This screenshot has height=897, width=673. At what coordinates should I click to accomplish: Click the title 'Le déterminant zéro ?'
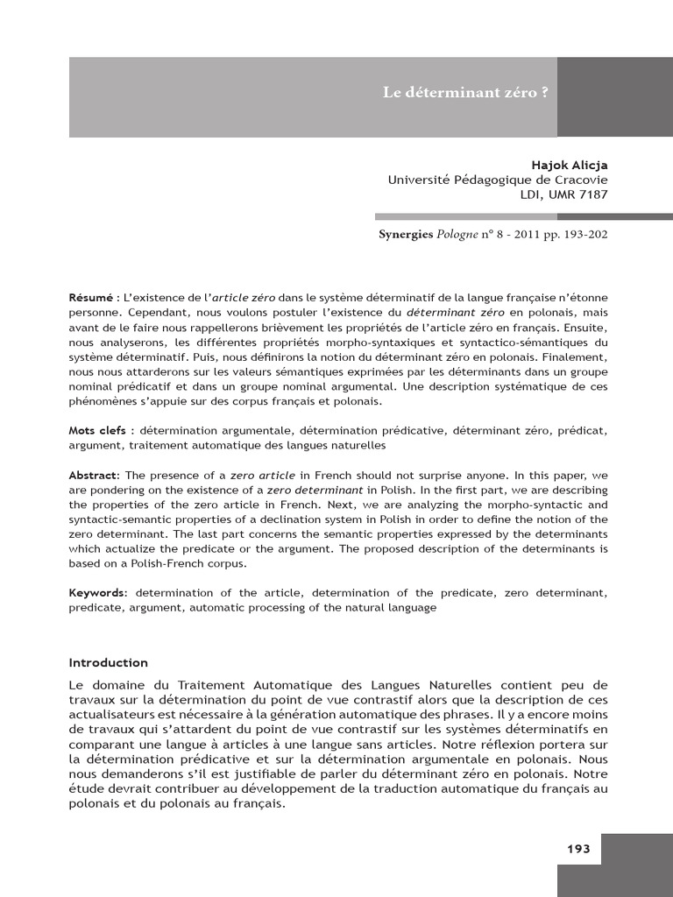tap(465, 93)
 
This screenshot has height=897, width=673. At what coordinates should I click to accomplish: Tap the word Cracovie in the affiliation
tap(579, 180)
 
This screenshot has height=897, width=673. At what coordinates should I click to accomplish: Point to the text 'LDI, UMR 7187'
tap(563, 194)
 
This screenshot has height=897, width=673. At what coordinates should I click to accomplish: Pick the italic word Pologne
tap(460, 235)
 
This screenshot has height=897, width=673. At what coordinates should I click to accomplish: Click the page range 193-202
tap(582, 235)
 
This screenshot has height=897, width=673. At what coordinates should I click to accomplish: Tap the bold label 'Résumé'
tap(90, 298)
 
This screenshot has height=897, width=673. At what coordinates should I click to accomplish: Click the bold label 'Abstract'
tap(92, 474)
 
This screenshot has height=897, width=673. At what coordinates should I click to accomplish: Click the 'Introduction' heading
tap(109, 663)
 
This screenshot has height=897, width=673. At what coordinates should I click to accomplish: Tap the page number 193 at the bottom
tap(578, 848)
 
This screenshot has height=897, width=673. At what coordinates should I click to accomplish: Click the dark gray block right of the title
tap(614, 96)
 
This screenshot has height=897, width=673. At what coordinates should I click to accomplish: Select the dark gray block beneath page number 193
tap(614, 880)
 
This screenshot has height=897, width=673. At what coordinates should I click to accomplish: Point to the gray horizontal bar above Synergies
tap(465, 216)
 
